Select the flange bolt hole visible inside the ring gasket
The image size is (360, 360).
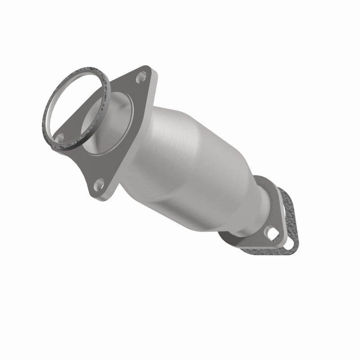coord(59,137)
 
